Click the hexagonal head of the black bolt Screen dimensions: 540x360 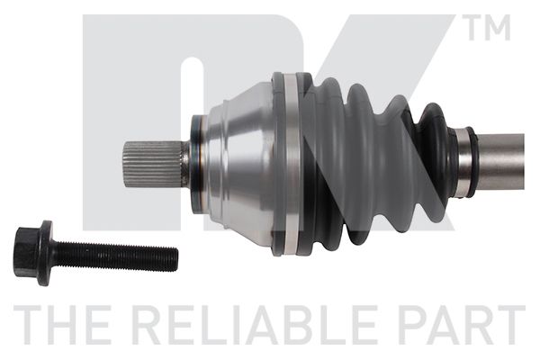click(x=26, y=252)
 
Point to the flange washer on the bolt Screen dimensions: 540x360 click(x=45, y=253)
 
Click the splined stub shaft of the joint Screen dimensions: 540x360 click(x=153, y=165)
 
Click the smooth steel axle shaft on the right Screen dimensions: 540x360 click(x=501, y=162)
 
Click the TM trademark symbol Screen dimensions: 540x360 click(x=486, y=27)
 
